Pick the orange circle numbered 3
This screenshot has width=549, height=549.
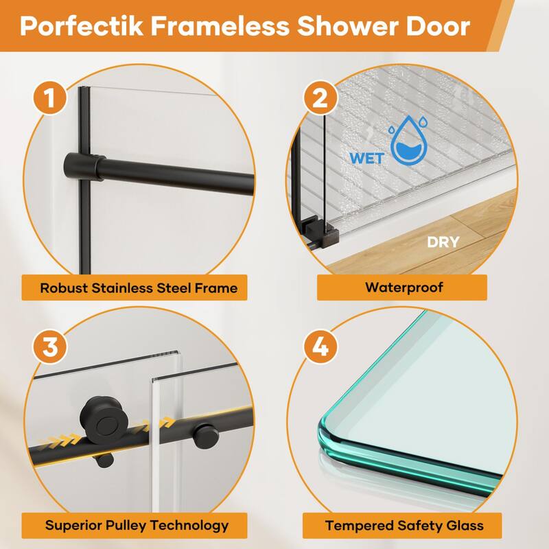pos(50,345)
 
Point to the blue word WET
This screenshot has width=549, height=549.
pos(366,156)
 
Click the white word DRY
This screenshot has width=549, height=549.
pos(443,242)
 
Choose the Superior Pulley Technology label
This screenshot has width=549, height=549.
pos(137,526)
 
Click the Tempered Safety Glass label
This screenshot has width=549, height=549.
pos(404,526)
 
